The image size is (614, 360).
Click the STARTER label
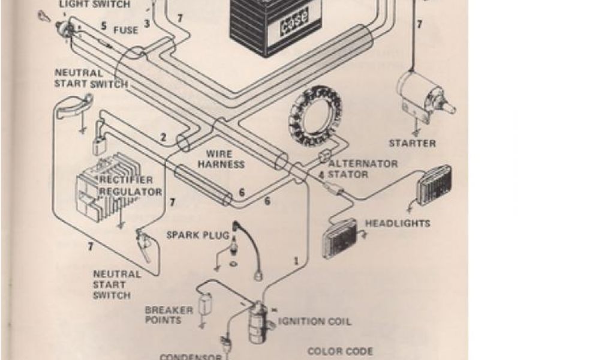point(412,143)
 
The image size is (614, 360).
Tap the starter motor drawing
point(422,96)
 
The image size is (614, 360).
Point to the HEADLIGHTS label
point(398,223)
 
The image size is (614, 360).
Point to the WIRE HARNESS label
point(221,159)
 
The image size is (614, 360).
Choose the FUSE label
point(126,29)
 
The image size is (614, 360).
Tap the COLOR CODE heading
point(340,351)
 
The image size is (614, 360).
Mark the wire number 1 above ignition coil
point(296,261)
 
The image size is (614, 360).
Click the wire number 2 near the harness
point(163,137)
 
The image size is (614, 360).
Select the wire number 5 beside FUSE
point(104,26)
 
